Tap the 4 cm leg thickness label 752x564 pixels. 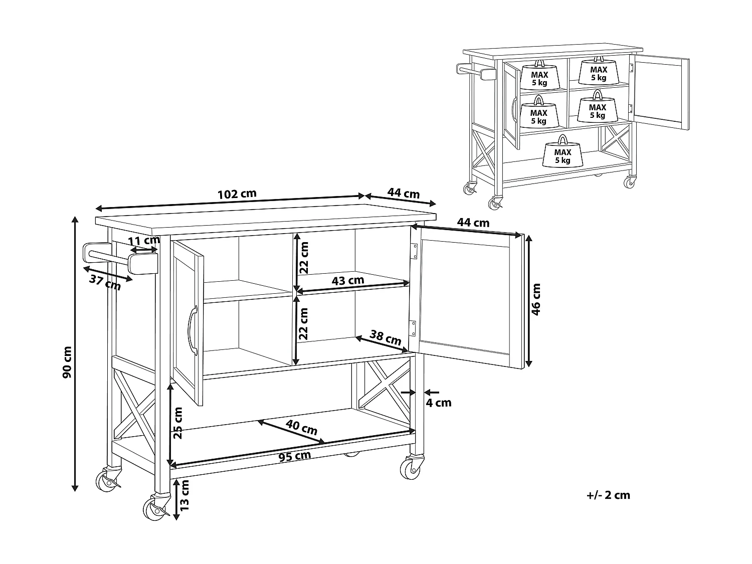[x=439, y=403]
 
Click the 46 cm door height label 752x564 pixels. [x=536, y=299]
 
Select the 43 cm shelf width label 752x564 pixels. [x=348, y=280]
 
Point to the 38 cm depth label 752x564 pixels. [x=386, y=336]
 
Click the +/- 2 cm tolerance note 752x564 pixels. [x=608, y=495]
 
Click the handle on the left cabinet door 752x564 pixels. [x=193, y=331]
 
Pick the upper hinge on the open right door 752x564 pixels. [x=415, y=251]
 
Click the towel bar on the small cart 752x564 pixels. [x=474, y=71]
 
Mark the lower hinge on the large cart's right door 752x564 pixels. [x=413, y=329]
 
